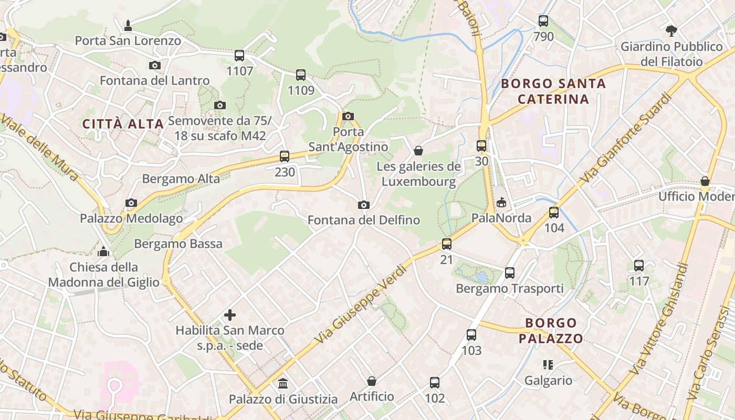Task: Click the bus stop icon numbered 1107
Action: coord(239,56)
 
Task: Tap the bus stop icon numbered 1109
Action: coord(301,75)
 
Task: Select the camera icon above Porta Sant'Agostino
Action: coord(348,116)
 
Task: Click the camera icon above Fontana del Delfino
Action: coord(363,205)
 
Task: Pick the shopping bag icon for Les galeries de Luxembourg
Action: coord(418,151)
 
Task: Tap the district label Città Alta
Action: coord(123,124)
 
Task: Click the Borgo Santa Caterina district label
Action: coord(553,91)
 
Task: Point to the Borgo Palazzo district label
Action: coord(551,331)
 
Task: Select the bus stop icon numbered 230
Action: coord(285,156)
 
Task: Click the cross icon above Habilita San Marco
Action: coord(230,315)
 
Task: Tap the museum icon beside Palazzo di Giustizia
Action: coord(283,383)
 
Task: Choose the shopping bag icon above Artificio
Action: coord(372,381)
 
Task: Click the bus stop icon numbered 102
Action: coord(435,383)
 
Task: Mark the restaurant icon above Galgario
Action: coord(548,364)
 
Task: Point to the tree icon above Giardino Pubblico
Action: coord(671,30)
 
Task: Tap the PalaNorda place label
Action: coord(501,218)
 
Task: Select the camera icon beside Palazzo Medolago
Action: coord(131,203)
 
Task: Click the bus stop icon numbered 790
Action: coord(543,22)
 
